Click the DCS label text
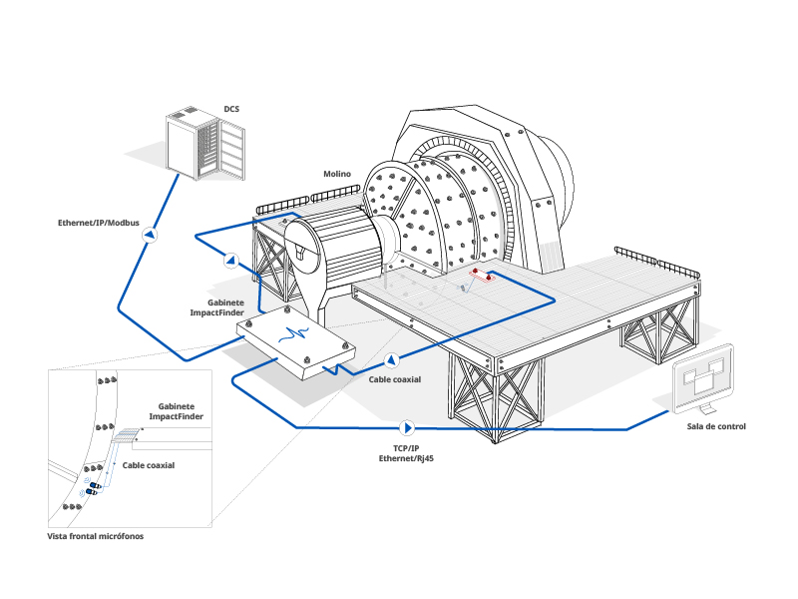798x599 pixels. click(231, 109)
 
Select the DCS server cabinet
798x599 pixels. click(205, 144)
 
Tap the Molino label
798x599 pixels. click(337, 174)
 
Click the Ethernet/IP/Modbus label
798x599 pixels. click(98, 223)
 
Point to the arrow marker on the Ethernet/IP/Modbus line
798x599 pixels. click(150, 235)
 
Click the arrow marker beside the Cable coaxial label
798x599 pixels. click(391, 360)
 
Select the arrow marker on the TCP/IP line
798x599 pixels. click(407, 428)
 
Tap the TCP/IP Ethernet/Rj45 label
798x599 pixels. click(406, 453)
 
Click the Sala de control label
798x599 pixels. click(716, 426)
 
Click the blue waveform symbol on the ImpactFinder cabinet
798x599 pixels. click(293, 334)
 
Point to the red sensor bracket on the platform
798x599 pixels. click(482, 276)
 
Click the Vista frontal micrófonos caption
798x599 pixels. click(95, 536)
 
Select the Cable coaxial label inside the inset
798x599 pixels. click(148, 465)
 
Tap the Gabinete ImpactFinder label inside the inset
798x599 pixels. click(177, 411)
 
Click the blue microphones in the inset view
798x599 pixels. click(93, 488)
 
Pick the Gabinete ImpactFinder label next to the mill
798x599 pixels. click(216, 307)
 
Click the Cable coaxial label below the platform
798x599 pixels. click(395, 379)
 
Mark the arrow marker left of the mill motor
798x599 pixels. click(231, 261)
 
